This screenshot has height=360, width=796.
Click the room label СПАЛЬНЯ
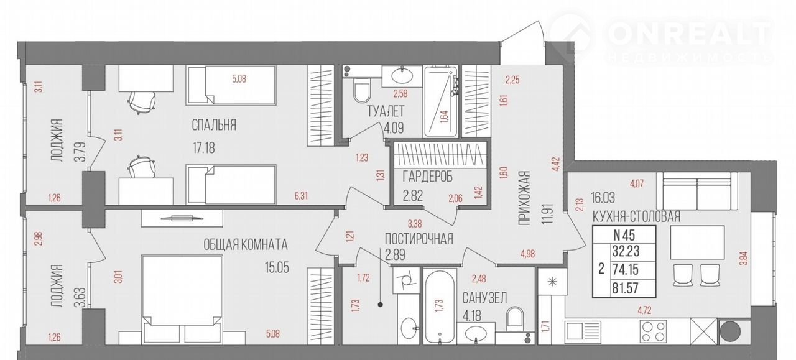point(214,125)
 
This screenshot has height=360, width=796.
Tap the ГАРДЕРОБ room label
point(427,177)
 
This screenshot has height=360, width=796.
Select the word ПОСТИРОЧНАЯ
point(419,239)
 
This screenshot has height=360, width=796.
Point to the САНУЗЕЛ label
point(484,298)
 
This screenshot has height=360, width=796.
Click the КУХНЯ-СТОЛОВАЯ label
point(636,216)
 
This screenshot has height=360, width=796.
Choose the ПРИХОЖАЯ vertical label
point(524,198)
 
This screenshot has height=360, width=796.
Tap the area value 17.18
point(203,147)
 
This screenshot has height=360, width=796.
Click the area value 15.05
point(277,267)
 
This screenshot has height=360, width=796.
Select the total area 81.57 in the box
point(626,288)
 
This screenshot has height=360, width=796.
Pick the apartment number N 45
point(624,235)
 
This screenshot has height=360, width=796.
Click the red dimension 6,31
point(301,196)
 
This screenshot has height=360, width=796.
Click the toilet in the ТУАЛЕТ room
point(362,90)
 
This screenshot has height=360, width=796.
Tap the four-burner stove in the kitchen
point(653,331)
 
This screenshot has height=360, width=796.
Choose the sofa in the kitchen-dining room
point(696,191)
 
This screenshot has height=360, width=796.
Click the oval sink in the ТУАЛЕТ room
point(402,75)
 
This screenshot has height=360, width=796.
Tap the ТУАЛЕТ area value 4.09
point(394,127)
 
